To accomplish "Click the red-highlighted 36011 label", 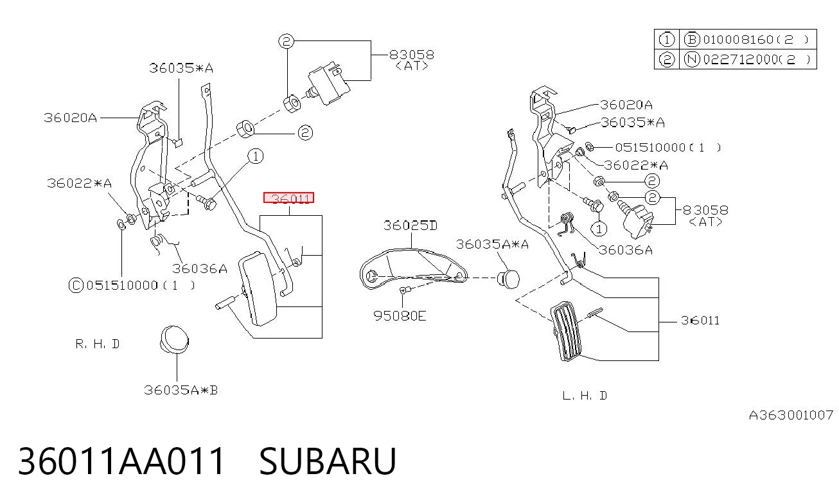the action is tap(289, 198).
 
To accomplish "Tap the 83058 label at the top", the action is tap(412, 55).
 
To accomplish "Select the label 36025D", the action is tap(411, 225).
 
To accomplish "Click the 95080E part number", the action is tap(400, 316).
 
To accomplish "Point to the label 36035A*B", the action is tap(181, 391).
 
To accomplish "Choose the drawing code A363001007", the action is tap(791, 415).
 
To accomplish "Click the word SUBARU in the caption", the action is tap(328, 461).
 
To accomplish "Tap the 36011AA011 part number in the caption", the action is tap(121, 461).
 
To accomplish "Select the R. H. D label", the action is tap(98, 344).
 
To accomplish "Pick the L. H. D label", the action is tap(585, 396).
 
